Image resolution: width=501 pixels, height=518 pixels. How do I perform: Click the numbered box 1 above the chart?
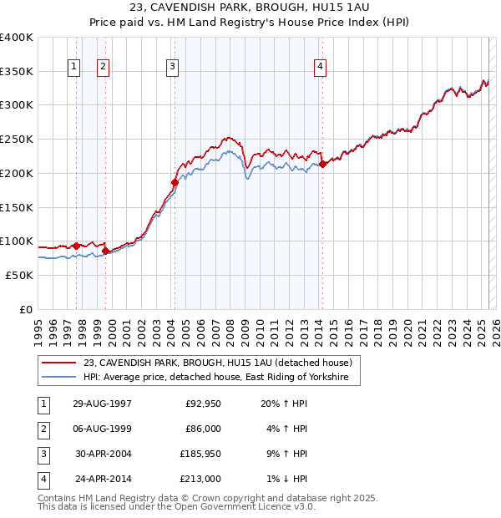point(74,68)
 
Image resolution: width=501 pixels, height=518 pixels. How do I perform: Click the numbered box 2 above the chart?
point(103,68)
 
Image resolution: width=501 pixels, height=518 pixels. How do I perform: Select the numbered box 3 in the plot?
point(172,68)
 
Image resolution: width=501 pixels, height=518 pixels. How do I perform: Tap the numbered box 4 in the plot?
point(320,68)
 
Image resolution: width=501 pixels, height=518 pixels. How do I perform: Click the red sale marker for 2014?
point(322,165)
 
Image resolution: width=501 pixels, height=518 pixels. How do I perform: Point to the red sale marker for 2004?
point(175,182)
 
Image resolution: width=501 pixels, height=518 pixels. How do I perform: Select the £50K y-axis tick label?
point(19,275)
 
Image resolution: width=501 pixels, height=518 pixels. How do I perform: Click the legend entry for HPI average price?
point(220,378)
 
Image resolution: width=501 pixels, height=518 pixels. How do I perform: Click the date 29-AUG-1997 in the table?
point(103,404)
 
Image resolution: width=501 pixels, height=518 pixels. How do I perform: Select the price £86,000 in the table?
point(202,429)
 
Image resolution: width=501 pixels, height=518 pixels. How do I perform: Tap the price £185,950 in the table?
point(200,455)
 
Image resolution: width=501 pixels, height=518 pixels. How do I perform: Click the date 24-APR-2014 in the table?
point(103,480)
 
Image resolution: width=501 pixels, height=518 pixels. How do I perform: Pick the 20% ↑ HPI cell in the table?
point(285,404)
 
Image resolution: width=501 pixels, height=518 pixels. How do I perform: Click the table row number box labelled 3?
point(42,455)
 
